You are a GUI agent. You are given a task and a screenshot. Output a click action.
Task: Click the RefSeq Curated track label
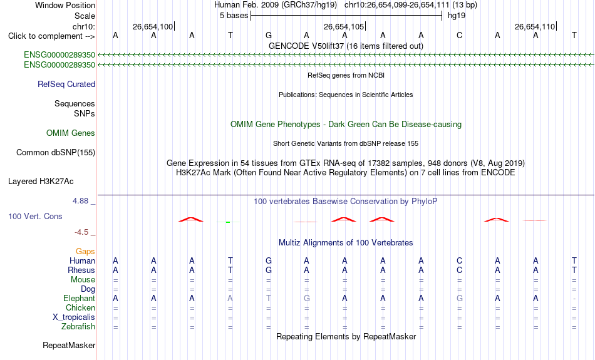[x=66, y=85]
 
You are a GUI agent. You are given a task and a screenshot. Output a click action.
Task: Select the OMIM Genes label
[x=71, y=133]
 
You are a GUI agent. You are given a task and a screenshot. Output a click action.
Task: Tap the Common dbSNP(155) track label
[x=56, y=153]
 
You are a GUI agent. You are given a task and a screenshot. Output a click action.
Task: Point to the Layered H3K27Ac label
[x=41, y=182]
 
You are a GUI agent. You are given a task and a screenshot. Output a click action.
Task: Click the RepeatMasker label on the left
[x=69, y=345]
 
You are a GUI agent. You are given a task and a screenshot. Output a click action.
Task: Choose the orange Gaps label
[x=85, y=252]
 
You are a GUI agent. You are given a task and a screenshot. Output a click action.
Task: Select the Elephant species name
[x=80, y=299]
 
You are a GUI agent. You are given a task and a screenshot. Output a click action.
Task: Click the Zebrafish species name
[x=78, y=327]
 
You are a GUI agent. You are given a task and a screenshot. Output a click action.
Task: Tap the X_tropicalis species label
[x=74, y=317]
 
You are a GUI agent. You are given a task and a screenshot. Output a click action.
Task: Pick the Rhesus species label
[x=81, y=270]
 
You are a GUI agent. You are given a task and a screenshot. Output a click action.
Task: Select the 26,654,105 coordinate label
[x=343, y=26]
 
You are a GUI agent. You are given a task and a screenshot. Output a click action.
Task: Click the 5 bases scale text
[x=234, y=16]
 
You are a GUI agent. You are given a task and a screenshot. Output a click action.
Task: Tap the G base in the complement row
[x=269, y=35]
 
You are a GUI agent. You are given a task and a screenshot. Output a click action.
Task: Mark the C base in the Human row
[x=460, y=260]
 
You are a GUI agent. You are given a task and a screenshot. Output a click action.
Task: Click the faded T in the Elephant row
[x=269, y=298]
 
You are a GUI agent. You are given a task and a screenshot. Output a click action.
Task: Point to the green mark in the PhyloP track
[x=228, y=222]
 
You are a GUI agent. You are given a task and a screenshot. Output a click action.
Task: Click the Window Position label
[x=65, y=5]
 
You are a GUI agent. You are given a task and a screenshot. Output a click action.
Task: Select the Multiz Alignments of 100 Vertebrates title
[x=346, y=243]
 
